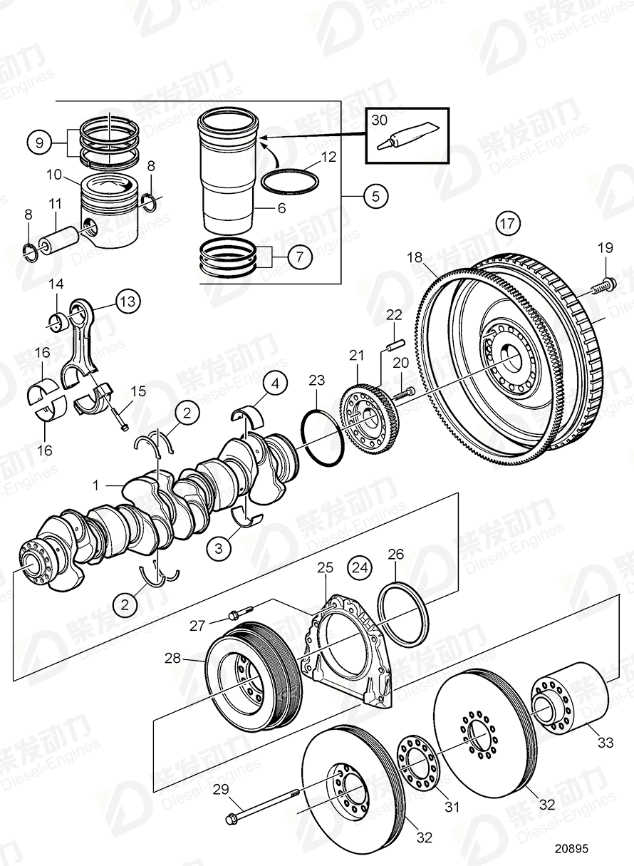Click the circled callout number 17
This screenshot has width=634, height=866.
click(x=506, y=224)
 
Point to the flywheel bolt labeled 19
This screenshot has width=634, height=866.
click(x=601, y=287)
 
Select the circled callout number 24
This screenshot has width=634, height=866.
click(x=360, y=568)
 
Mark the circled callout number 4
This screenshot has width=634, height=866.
click(x=275, y=385)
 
